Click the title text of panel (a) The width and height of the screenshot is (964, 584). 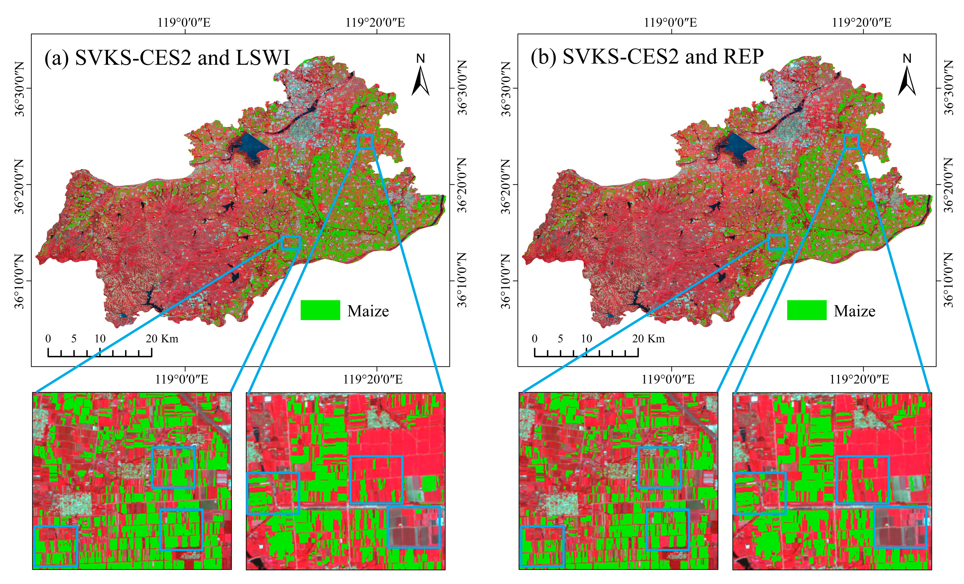(x=167, y=58)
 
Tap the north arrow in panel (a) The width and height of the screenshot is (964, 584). (x=421, y=76)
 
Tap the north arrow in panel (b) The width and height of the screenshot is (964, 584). (x=907, y=76)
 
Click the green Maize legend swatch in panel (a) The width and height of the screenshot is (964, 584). (x=320, y=310)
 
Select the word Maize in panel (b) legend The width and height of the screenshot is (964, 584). (x=855, y=311)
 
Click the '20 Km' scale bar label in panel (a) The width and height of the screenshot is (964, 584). (x=162, y=339)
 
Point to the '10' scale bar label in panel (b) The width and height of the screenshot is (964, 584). (x=586, y=339)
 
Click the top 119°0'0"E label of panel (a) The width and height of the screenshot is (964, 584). (x=184, y=22)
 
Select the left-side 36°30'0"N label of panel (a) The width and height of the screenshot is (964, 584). (x=20, y=89)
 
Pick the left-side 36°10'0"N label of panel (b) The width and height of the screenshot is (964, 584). (x=506, y=281)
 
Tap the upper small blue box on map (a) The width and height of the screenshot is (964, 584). (x=365, y=141)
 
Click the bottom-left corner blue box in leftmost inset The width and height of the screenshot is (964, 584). (x=56, y=546)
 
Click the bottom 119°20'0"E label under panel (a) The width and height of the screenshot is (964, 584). (x=372, y=379)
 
